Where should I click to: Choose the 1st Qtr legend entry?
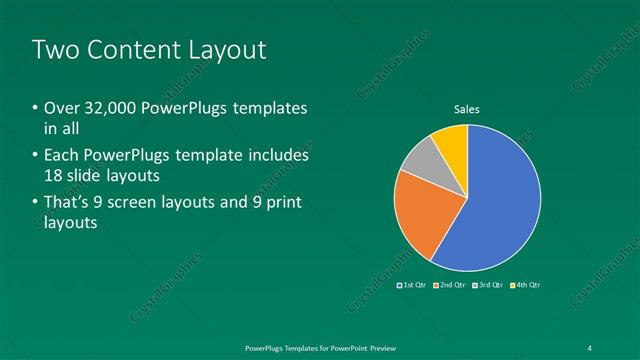(413, 285)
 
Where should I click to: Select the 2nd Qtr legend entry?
(450, 285)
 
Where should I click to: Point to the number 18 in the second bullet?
(54, 176)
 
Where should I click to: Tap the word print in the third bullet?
(285, 203)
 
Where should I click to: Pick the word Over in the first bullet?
(59, 108)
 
